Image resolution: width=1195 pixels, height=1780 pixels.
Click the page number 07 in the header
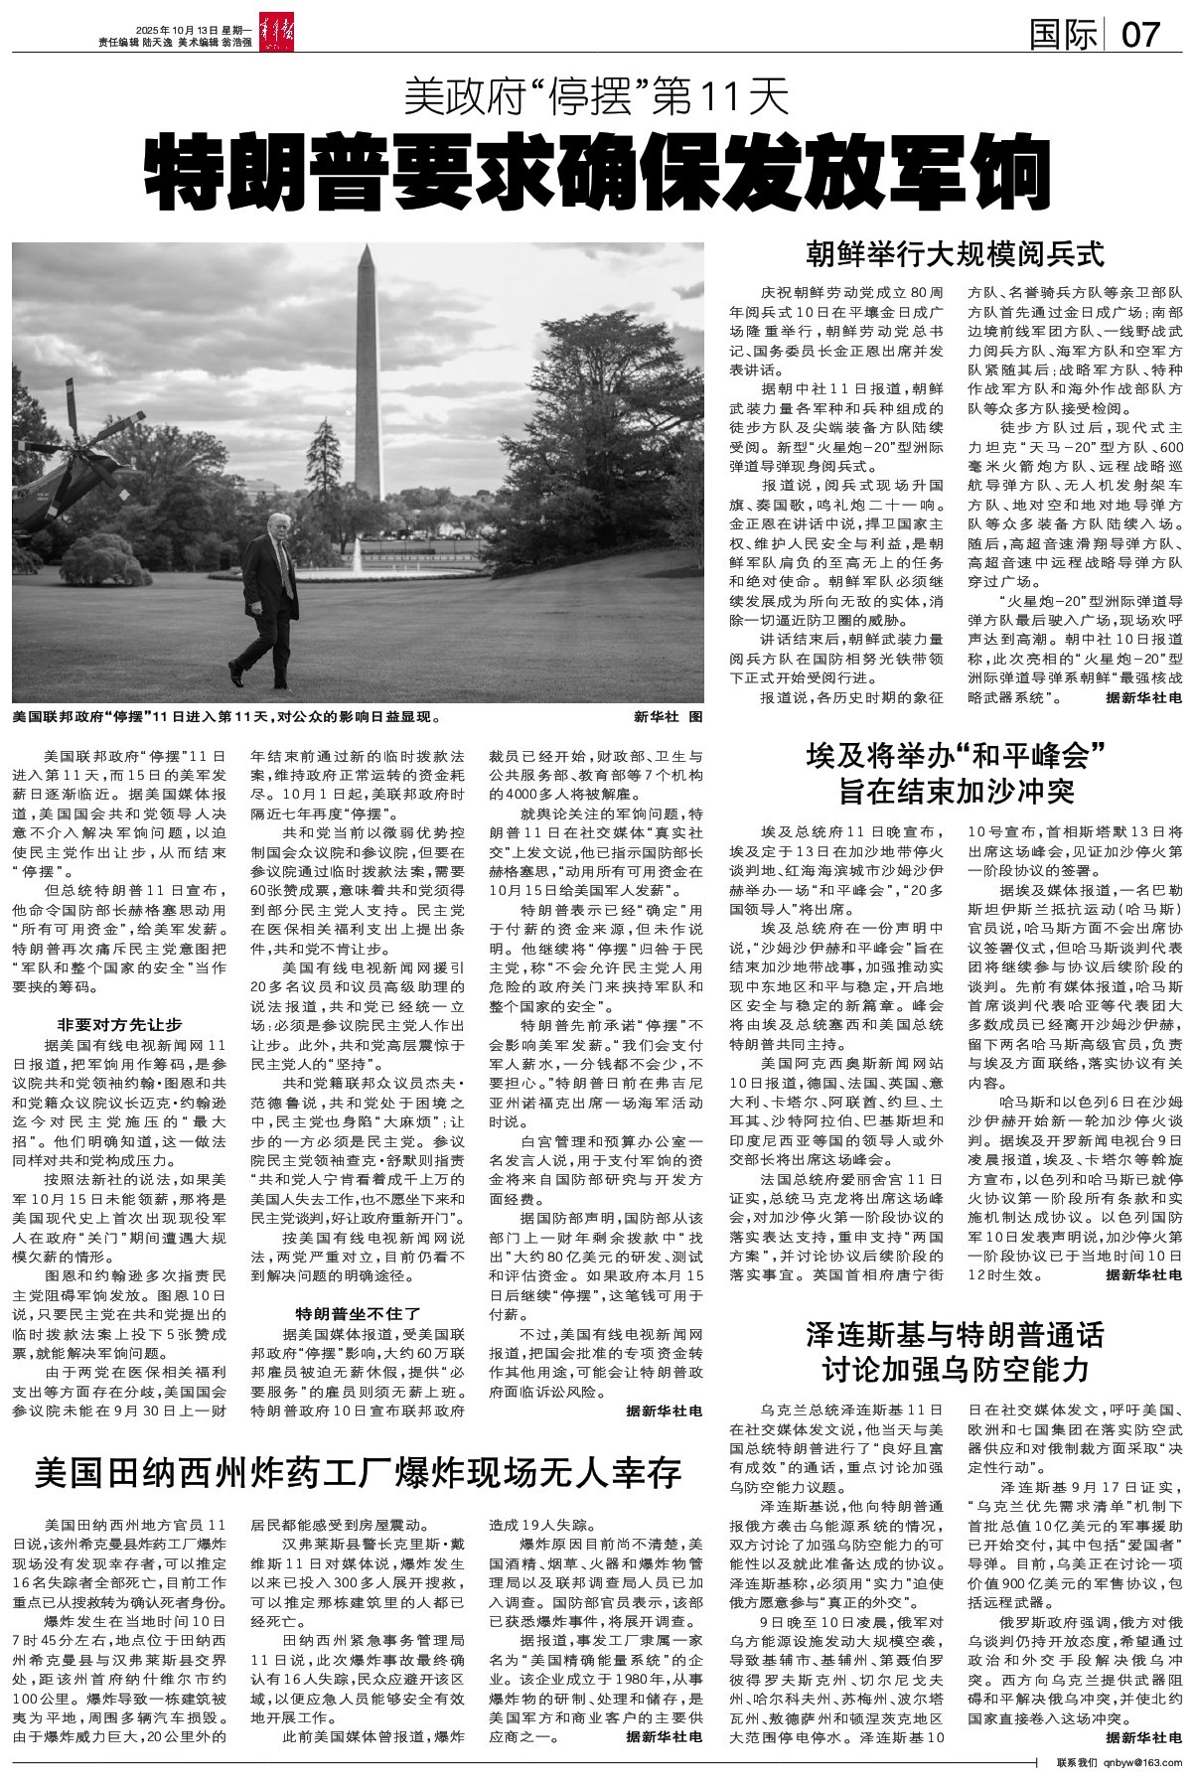[x=1141, y=35]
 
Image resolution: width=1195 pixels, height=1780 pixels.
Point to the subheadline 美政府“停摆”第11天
[x=597, y=97]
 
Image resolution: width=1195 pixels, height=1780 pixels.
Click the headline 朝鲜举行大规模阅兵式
[x=955, y=254]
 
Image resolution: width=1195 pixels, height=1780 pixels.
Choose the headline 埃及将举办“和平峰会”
[x=955, y=755]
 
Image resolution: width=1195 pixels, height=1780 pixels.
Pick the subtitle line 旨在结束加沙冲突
[x=955, y=792]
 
